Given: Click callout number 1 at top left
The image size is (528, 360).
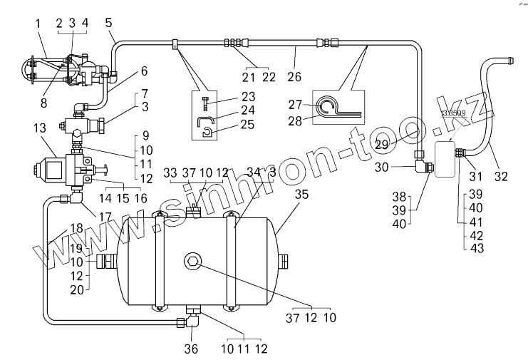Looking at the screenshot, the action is [38, 23].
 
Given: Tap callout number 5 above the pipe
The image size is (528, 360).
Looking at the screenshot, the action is [109, 23].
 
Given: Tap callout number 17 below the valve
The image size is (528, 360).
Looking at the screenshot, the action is [105, 217].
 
